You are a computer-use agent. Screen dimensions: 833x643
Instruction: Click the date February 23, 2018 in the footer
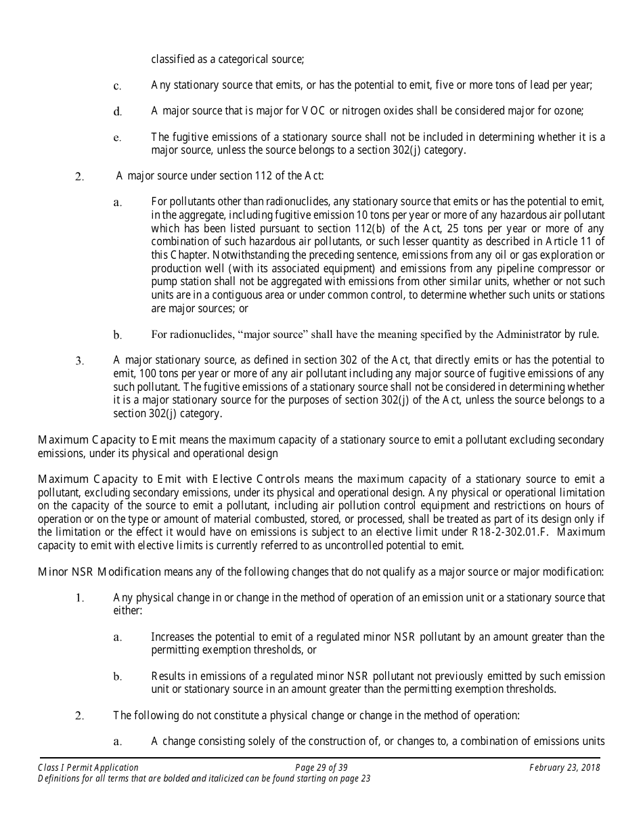[564, 767]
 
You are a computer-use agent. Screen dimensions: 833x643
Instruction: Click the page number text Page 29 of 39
[321, 767]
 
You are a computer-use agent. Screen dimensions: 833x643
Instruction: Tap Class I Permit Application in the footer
[89, 767]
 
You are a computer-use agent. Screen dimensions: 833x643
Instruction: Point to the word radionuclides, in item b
[201, 334]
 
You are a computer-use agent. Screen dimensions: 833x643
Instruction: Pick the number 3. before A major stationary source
[79, 361]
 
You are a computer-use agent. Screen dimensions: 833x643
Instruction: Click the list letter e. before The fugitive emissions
[117, 137]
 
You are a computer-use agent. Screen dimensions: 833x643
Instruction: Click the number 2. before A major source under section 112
[79, 177]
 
